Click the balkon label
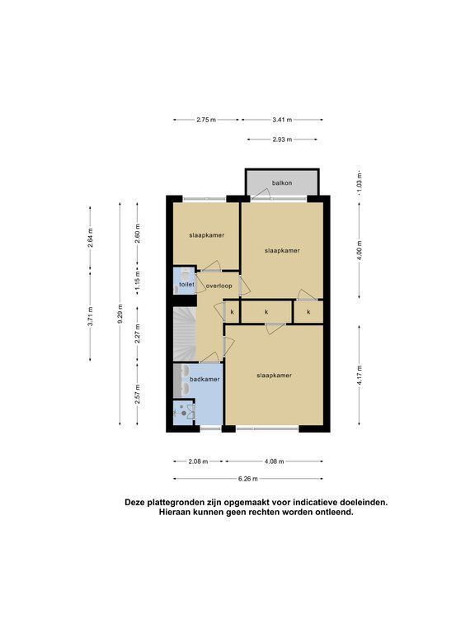281,182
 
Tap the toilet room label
186,285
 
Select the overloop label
219,286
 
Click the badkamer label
205,379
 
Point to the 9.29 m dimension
120,314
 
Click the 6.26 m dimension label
247,479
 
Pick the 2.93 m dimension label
282,140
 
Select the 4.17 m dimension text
360,375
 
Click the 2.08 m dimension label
198,461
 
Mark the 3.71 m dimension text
91,316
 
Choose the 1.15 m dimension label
138,280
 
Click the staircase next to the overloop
185,334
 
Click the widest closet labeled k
266,312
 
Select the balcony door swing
261,195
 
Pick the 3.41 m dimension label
282,120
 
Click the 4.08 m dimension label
275,461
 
